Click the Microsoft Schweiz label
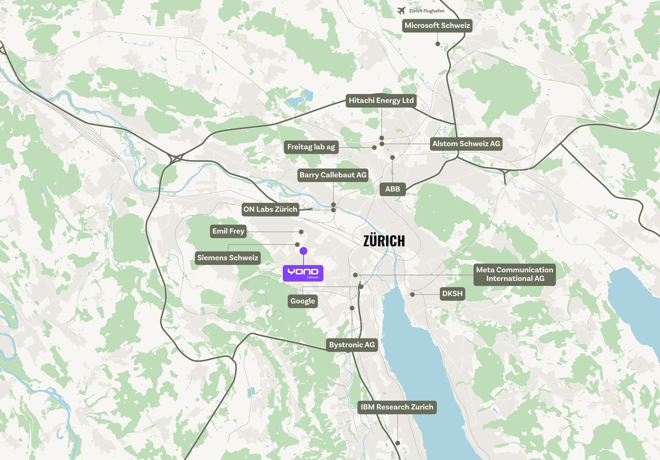click(437, 25)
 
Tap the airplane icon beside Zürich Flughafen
click(402, 11)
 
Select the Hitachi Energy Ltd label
click(381, 100)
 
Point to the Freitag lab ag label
click(311, 147)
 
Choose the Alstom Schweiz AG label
click(466, 144)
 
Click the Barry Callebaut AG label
click(333, 175)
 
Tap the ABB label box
click(392, 189)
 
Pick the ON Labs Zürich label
click(270, 209)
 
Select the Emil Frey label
click(228, 231)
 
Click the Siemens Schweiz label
click(228, 258)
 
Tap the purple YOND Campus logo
click(303, 273)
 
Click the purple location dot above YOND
click(304, 251)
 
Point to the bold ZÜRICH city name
click(384, 241)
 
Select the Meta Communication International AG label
click(514, 274)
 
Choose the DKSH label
click(452, 294)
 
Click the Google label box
click(303, 301)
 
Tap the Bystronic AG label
click(352, 345)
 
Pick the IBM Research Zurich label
click(397, 407)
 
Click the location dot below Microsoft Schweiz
click(438, 44)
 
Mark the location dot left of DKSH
click(412, 294)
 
